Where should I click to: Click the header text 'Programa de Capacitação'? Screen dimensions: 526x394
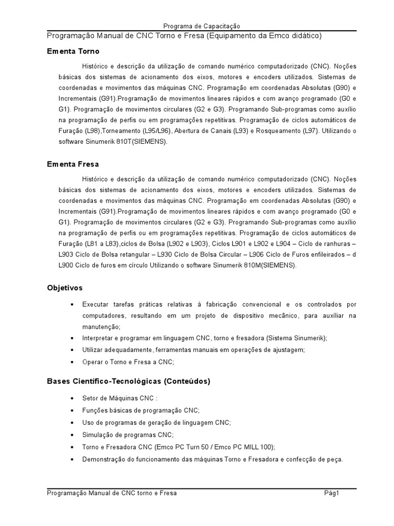(x=202, y=26)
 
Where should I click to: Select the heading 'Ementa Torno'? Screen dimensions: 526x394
(x=73, y=51)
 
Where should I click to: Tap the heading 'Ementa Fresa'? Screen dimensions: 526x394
(x=73, y=164)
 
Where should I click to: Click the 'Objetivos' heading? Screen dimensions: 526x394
(x=65, y=288)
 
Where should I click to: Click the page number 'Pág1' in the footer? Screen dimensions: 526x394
(x=332, y=493)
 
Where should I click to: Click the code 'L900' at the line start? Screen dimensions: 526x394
(x=66, y=266)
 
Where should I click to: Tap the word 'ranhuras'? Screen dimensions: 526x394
(x=336, y=245)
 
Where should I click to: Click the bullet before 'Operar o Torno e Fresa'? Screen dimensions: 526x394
(x=71, y=362)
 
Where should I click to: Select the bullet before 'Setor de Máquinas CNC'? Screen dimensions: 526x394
(x=71, y=399)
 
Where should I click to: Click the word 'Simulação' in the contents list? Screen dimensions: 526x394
(x=97, y=435)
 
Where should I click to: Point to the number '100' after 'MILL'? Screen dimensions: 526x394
(x=267, y=447)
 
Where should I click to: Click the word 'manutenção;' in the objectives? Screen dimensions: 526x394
(x=101, y=327)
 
